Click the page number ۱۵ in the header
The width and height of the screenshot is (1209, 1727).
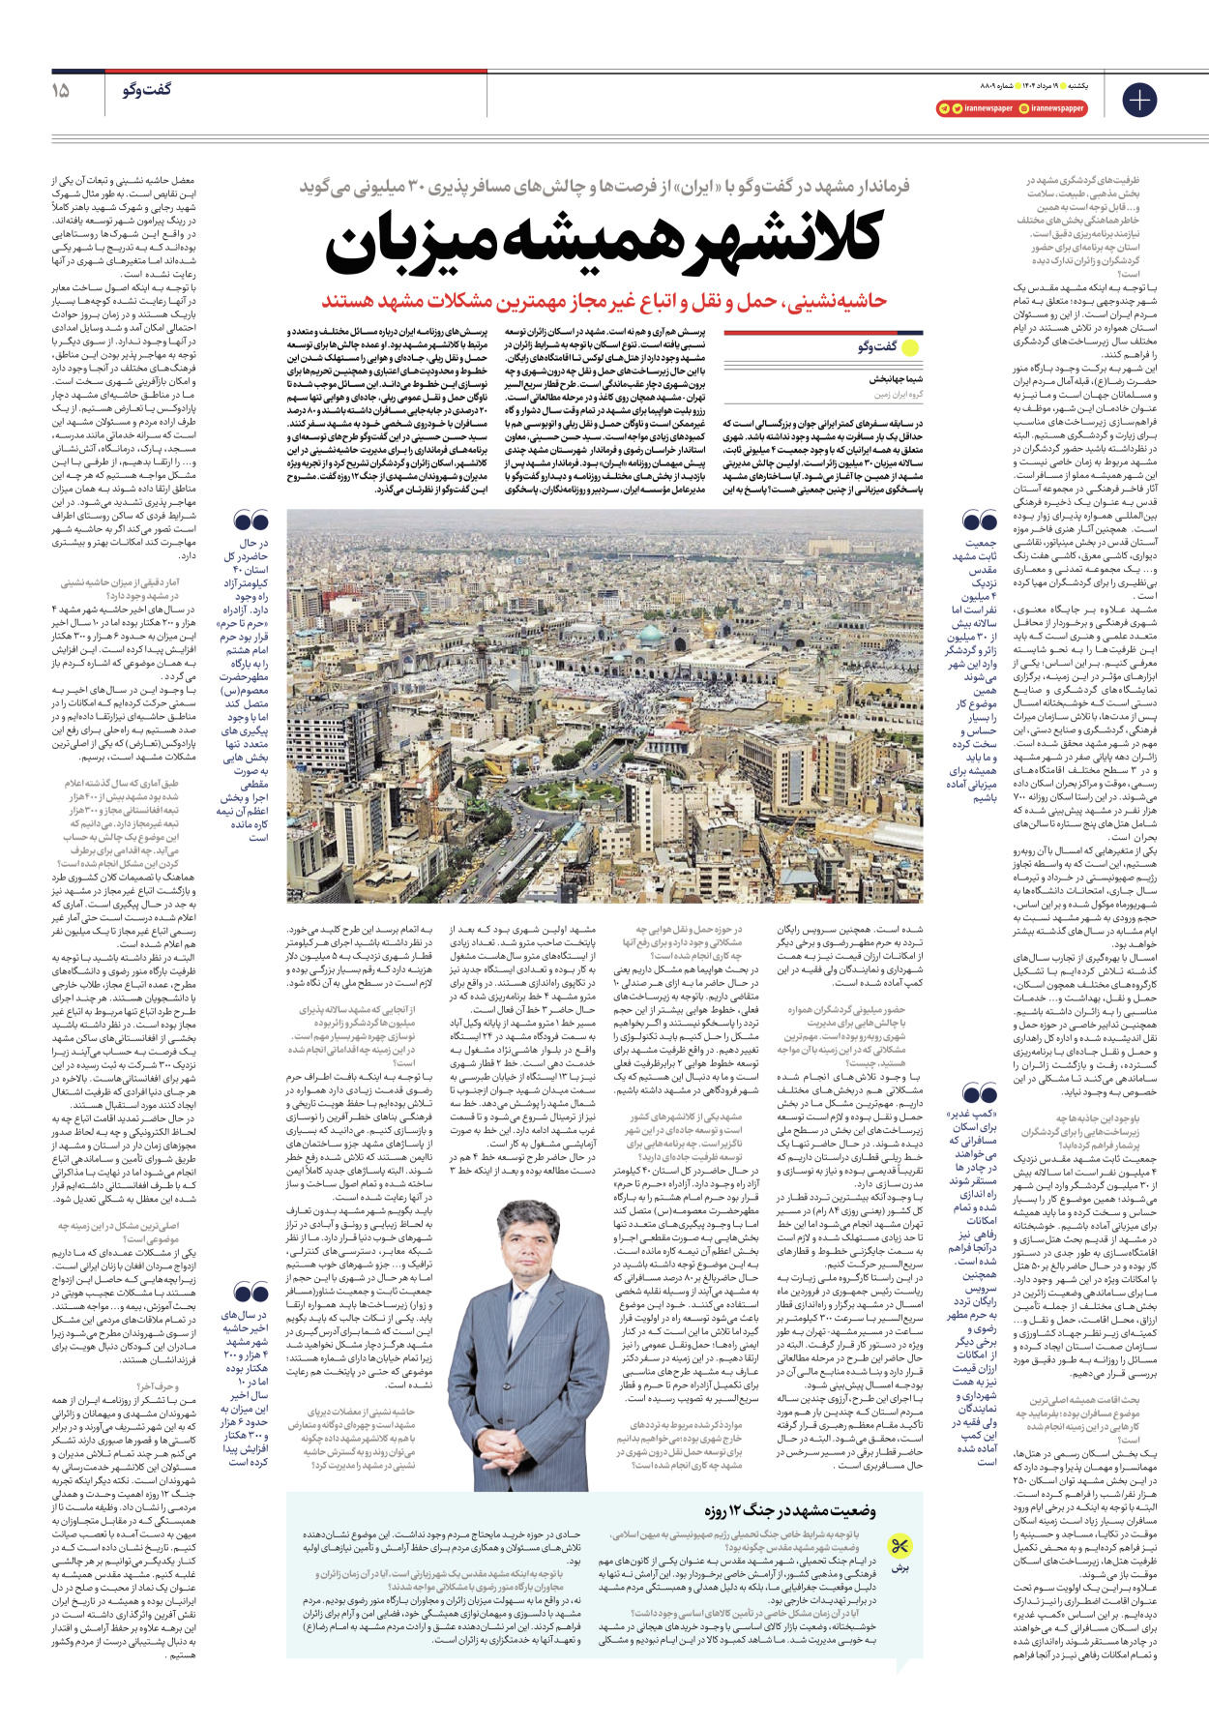coord(60,91)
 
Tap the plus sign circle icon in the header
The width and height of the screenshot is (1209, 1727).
coord(1139,100)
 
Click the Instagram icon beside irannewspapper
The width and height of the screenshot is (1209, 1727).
coord(1023,109)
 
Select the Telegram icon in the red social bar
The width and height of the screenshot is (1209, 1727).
coord(944,109)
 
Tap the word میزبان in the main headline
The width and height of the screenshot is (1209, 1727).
coord(416,250)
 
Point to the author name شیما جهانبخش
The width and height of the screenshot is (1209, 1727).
coord(896,380)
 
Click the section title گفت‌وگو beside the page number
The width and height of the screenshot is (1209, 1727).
coord(147,90)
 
